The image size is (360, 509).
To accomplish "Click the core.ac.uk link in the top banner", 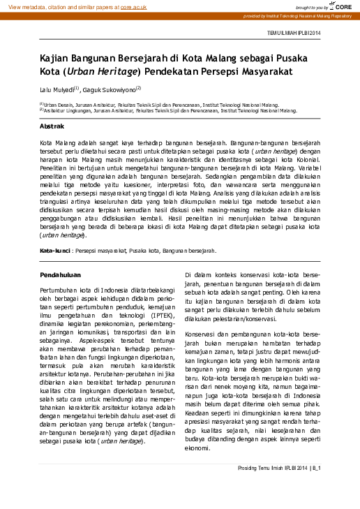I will (133, 6).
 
